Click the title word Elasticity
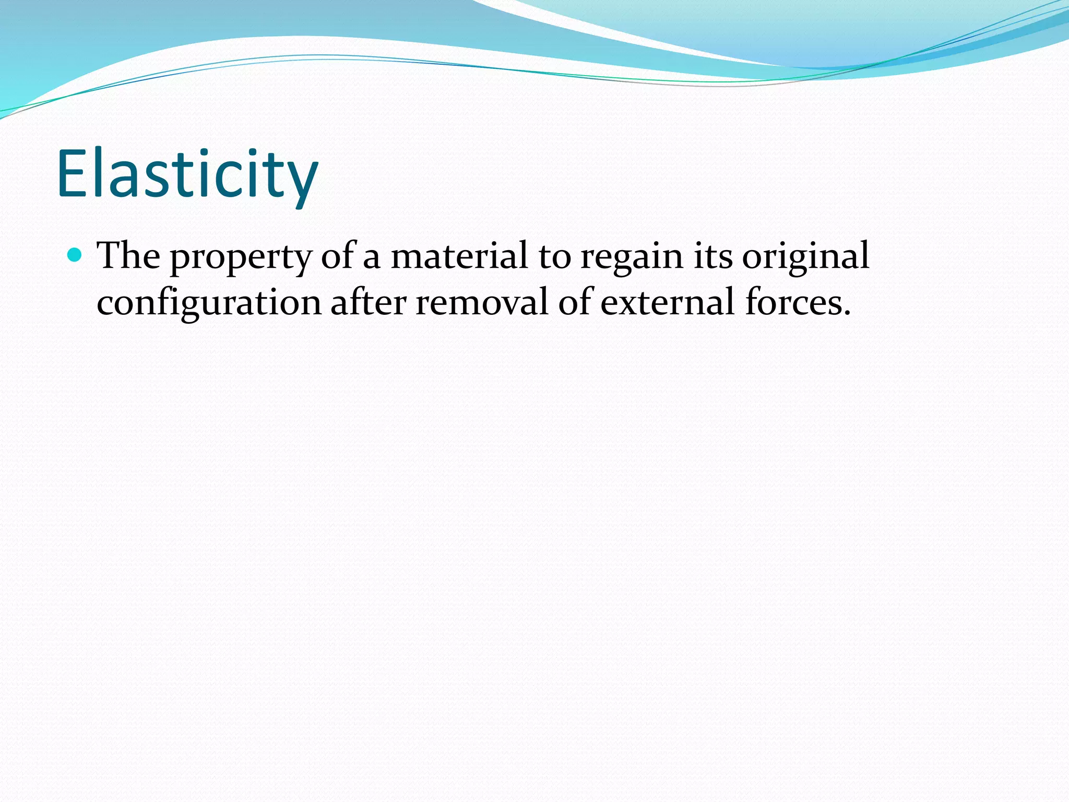tap(187, 175)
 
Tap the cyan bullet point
tap(75, 255)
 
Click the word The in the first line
tap(128, 256)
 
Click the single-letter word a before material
tap(371, 258)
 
